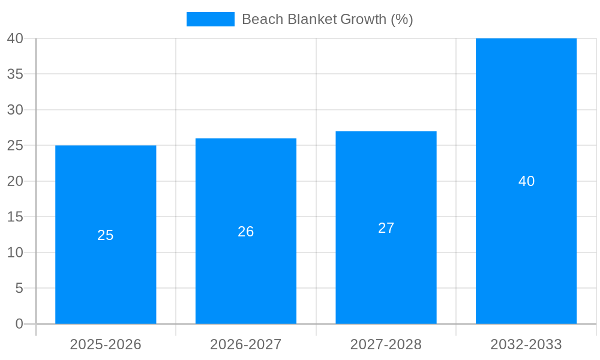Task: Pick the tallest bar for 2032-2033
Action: coord(526,252)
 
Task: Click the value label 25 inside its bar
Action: coord(106,235)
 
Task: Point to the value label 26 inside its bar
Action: coord(246,232)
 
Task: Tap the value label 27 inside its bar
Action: coord(386,228)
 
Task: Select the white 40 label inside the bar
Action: coord(526,181)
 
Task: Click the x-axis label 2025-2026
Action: coord(106,344)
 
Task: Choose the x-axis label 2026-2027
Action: coord(246,344)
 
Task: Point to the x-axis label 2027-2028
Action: coord(386,344)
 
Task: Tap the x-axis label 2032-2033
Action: coord(526,344)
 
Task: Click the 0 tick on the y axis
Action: coord(19,324)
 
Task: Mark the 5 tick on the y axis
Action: coord(19,289)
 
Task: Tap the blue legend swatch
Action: coord(211,19)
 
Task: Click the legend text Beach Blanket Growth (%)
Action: coord(327,19)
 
